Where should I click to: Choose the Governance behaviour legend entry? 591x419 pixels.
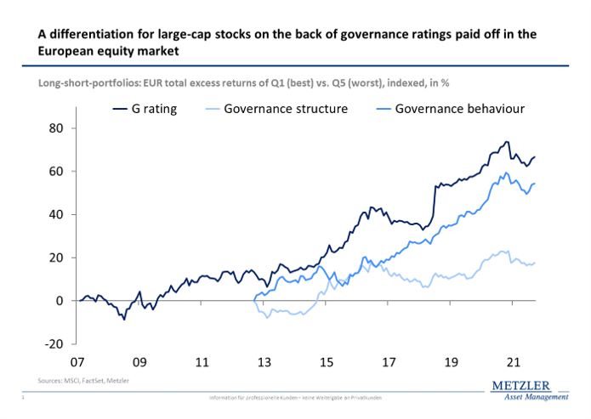tap(451, 109)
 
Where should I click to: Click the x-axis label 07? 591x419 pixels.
tap(78, 362)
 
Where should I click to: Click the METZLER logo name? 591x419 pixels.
tap(525, 387)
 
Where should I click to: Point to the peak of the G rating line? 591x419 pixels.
tap(507, 142)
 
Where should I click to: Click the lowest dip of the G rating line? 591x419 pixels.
tap(124, 319)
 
